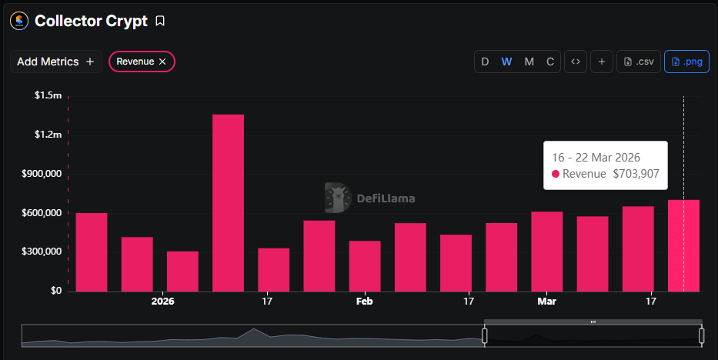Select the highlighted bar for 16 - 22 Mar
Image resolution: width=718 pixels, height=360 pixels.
[x=683, y=245]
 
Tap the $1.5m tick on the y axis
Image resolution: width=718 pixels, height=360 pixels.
[x=48, y=95]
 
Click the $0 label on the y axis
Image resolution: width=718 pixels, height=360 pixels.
[x=55, y=291]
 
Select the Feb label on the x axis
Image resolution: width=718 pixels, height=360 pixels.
[x=365, y=302]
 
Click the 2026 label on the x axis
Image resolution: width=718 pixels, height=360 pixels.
[x=163, y=302]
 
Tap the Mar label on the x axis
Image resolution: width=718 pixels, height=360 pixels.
[x=546, y=302]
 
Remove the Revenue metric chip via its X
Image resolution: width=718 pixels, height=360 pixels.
[x=162, y=62]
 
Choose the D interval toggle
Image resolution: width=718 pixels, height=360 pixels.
[x=485, y=62]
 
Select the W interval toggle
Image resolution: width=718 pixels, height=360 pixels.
[x=506, y=62]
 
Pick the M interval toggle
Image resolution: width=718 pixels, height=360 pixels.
[x=529, y=62]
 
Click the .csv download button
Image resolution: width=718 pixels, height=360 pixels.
[x=639, y=62]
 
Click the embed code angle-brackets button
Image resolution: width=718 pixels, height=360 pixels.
[x=575, y=62]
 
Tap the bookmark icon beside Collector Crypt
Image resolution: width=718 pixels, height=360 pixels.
[x=160, y=21]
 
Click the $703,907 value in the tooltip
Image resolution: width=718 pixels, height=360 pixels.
[x=636, y=174]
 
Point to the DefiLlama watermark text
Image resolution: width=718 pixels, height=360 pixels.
[x=386, y=198]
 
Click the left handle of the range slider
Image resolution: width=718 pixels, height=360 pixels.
[x=485, y=335]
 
